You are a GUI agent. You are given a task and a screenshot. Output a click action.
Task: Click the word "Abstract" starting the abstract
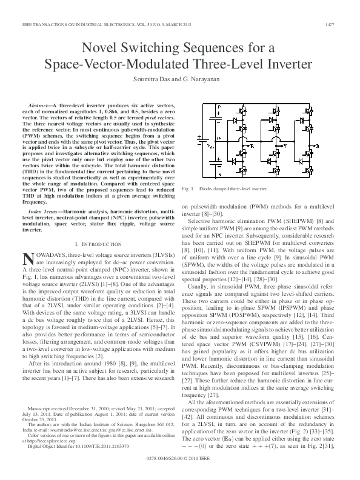pos(41,105)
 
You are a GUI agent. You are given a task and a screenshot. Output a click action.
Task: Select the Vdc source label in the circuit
pos(210,145)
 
